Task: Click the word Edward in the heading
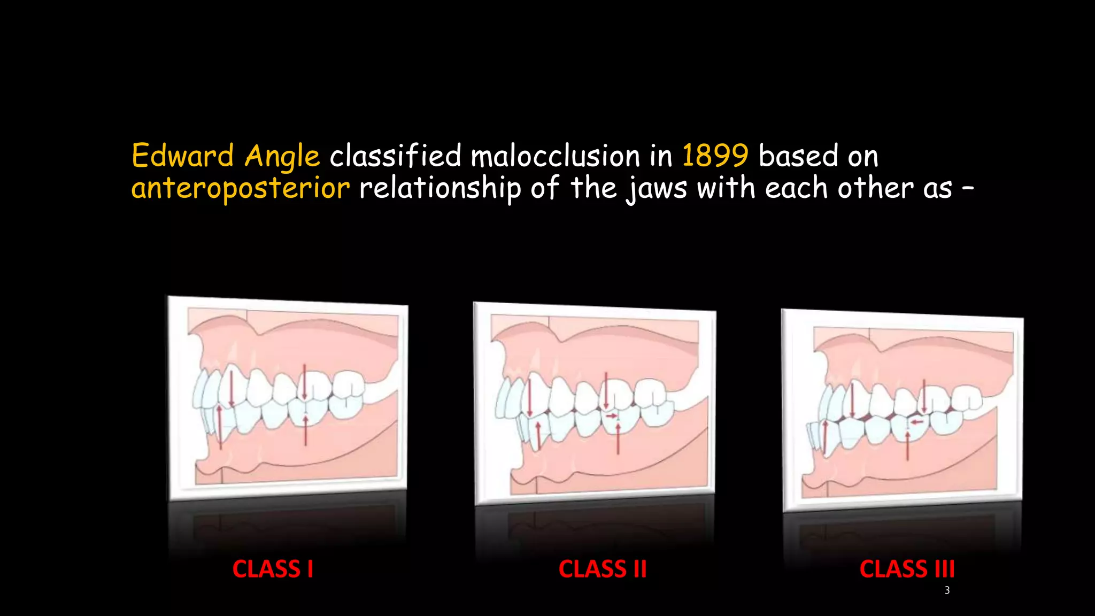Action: [182, 156]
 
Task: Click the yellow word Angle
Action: [282, 156]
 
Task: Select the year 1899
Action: [715, 156]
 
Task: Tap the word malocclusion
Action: [555, 156]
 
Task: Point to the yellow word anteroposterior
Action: [241, 188]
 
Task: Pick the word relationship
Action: [439, 188]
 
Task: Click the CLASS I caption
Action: [273, 569]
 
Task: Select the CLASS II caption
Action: [603, 569]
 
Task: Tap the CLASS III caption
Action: [907, 569]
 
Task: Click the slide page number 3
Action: [947, 590]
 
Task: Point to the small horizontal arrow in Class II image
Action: [612, 415]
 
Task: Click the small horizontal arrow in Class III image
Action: [917, 422]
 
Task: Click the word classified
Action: [395, 156]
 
